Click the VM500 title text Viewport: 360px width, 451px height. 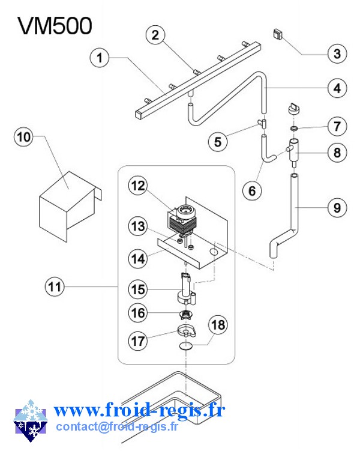pyautogui.click(x=55, y=26)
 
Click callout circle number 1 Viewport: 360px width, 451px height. pyautogui.click(x=101, y=58)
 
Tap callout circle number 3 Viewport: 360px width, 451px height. pyautogui.click(x=337, y=54)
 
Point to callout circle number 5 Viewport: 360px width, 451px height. pyautogui.click(x=218, y=142)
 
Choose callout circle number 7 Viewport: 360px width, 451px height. pyautogui.click(x=337, y=127)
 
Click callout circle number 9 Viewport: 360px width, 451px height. pyautogui.click(x=337, y=208)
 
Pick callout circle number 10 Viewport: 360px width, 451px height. pyautogui.click(x=25, y=137)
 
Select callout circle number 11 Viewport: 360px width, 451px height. pyautogui.click(x=55, y=287)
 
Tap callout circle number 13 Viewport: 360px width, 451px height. pyautogui.click(x=139, y=226)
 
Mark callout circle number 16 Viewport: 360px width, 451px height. pyautogui.click(x=139, y=312)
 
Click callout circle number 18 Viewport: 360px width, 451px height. pyautogui.click(x=219, y=325)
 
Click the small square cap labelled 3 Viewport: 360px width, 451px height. pyautogui.click(x=278, y=34)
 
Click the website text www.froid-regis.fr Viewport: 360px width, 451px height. pyautogui.click(x=139, y=411)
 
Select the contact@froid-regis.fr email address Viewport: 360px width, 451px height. pyautogui.click(x=117, y=427)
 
